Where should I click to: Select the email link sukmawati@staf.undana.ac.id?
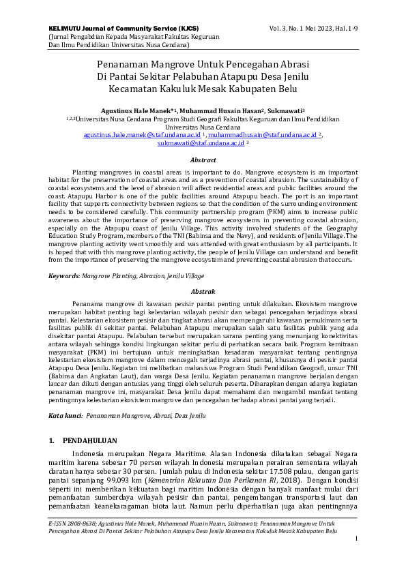[201, 144]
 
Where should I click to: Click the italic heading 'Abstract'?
[203, 160]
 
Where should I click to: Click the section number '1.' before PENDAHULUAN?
[52, 441]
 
